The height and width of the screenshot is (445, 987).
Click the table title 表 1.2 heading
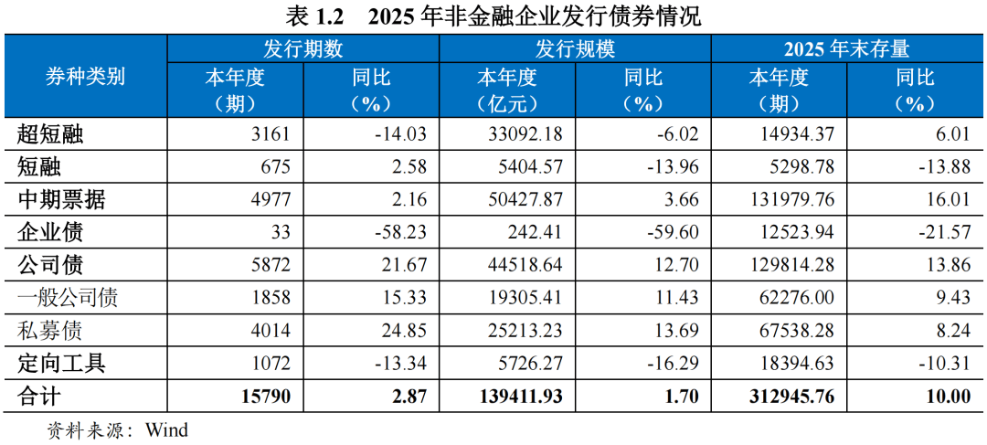(493, 16)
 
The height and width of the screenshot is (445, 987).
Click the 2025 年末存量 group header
(846, 48)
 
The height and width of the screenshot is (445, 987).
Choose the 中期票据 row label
(62, 200)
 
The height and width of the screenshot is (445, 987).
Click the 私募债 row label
(50, 330)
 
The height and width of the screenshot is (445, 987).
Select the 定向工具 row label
(62, 363)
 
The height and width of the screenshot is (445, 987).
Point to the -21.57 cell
(941, 233)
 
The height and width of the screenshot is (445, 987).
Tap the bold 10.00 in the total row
(946, 396)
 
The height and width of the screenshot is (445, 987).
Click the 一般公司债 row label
(68, 298)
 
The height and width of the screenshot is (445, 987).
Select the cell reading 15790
(263, 396)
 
